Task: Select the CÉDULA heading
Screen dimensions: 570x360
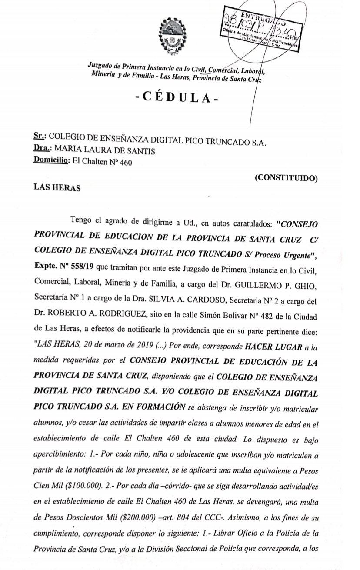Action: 177,97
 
